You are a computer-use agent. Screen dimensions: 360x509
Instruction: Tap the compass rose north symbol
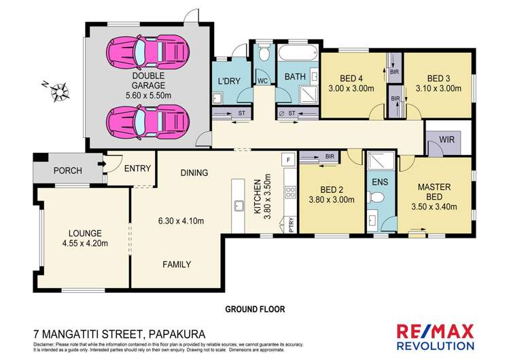(x=59, y=90)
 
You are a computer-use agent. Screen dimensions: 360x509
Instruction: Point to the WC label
(x=262, y=81)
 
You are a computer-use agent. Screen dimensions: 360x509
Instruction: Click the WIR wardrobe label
(x=447, y=139)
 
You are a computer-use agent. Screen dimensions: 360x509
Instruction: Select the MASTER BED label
(x=434, y=191)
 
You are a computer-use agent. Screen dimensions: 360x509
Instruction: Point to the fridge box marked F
(x=288, y=160)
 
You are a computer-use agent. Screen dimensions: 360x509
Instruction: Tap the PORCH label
(x=67, y=170)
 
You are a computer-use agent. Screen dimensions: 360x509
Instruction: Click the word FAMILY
(x=176, y=264)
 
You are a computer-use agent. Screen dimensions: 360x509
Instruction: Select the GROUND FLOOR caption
(x=255, y=308)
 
